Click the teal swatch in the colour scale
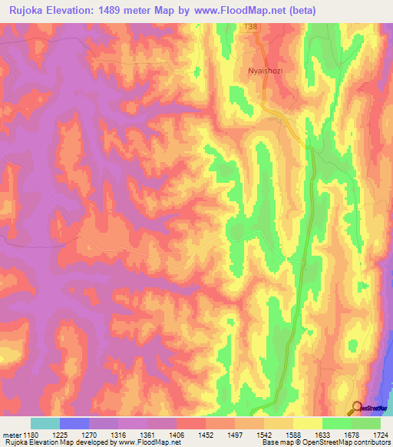(45, 423)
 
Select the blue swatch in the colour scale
(74, 423)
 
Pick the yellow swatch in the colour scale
(308, 423)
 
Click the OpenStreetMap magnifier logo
(358, 409)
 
